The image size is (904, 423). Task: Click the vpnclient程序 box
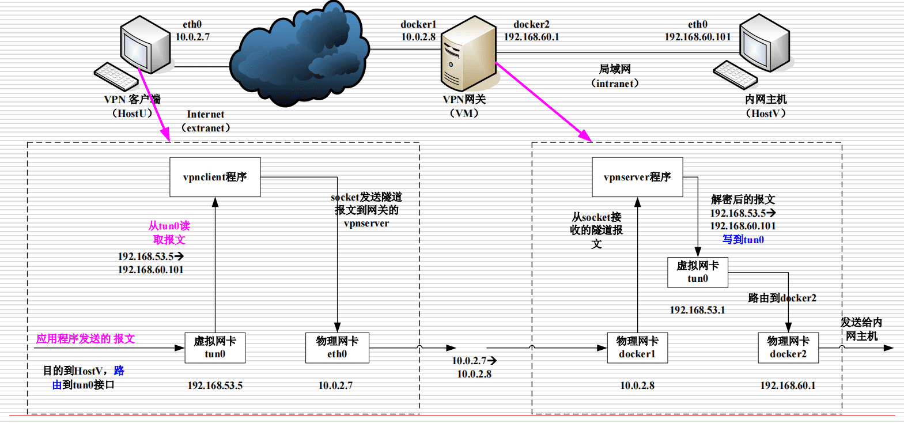point(215,177)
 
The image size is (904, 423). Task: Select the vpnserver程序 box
point(637,177)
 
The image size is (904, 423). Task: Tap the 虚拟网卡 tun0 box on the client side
point(215,348)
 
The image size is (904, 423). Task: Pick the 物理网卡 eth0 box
point(337,348)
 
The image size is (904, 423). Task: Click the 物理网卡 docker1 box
point(637,348)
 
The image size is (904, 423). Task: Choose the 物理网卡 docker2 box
point(788,348)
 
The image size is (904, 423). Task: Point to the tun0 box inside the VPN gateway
point(698,272)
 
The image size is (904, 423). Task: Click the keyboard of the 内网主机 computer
point(735,74)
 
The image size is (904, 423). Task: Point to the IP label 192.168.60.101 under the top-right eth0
point(698,37)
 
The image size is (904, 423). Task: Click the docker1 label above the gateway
point(418,24)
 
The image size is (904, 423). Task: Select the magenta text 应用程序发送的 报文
point(85,339)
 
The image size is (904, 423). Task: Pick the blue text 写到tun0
point(743,240)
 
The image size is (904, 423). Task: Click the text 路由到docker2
point(782,298)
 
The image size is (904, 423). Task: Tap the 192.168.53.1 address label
point(697,310)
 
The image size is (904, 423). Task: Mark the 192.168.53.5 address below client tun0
point(215,386)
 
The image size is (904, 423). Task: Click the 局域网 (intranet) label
point(615,76)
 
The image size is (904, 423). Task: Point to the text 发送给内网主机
point(861,329)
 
